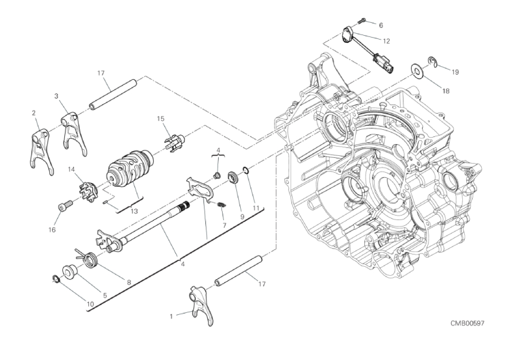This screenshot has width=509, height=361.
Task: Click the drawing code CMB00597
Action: point(467,323)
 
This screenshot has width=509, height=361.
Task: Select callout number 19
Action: point(455,72)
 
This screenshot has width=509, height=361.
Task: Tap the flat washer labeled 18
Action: point(417,69)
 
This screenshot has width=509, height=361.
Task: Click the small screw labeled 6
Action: point(362,21)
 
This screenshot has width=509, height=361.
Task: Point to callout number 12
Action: point(386,42)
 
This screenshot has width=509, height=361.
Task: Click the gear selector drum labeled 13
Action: point(130,168)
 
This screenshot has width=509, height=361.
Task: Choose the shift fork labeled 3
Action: point(74,132)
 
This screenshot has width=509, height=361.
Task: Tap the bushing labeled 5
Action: point(69,271)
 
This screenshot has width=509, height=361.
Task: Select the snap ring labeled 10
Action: point(56,278)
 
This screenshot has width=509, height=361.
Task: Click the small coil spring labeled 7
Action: point(221,205)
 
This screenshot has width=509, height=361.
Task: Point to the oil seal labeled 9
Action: point(234,178)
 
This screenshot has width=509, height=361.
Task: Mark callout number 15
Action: point(161,119)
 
